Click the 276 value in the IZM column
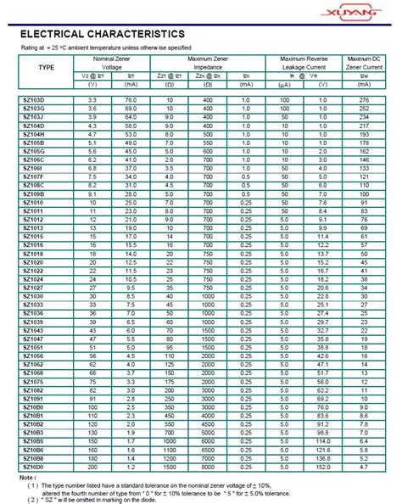coord(364,101)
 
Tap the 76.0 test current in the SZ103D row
coord(130,101)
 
